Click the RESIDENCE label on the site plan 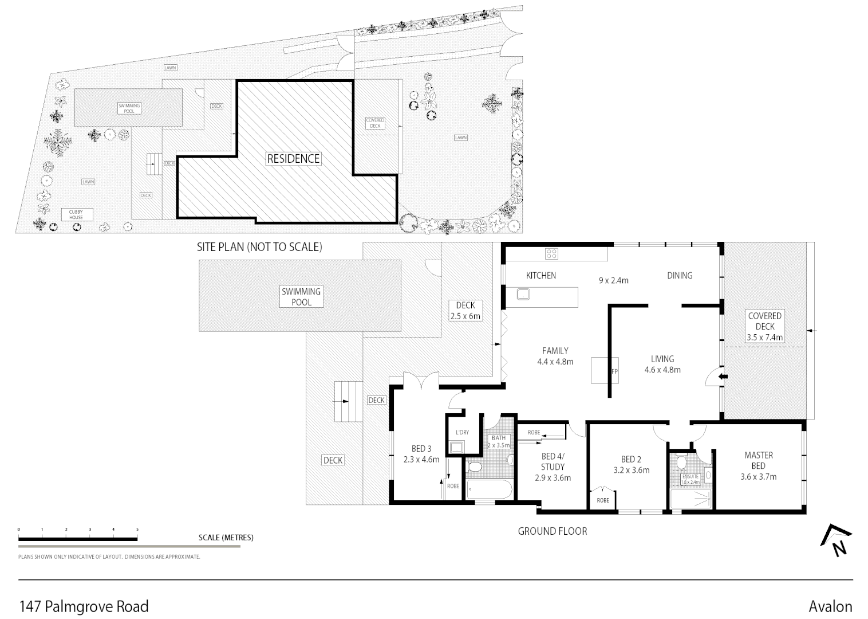coord(293,159)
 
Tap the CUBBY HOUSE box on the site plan coord(76,215)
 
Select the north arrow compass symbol coord(837,540)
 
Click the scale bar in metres coord(78,539)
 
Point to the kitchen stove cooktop coord(551,253)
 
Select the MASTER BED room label coord(758,460)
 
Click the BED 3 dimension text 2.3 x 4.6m coord(421,459)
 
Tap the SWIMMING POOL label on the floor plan coord(301,296)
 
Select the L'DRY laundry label coord(461,432)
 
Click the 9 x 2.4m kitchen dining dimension coord(613,280)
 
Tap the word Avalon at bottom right coord(830,606)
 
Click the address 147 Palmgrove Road coord(84,606)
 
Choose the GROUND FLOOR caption coord(552,531)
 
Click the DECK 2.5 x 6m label coord(465,311)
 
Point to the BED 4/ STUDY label coord(553,462)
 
